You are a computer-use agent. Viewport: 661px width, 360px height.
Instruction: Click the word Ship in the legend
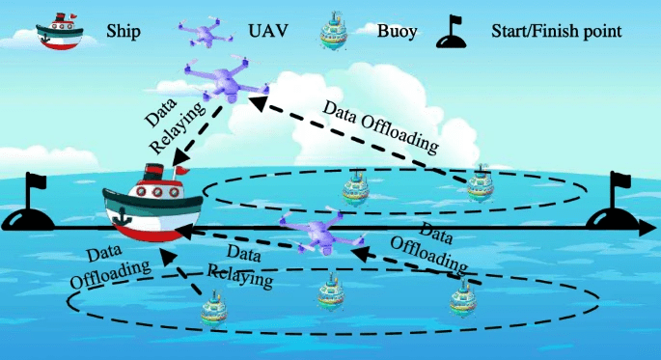124,32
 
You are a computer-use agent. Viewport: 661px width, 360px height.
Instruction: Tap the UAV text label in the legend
268,31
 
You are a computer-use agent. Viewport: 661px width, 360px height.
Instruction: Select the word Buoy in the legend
398,32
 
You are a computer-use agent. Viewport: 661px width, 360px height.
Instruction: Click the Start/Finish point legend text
557,32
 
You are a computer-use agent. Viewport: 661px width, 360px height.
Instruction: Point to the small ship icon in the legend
60,31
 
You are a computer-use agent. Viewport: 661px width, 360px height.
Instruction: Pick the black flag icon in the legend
451,31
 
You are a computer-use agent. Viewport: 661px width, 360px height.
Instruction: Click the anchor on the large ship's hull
124,215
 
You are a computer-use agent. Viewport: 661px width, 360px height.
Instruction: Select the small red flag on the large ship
182,170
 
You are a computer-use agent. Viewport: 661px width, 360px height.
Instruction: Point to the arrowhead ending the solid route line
647,228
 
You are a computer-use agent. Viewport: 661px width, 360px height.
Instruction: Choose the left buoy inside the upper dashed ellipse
355,188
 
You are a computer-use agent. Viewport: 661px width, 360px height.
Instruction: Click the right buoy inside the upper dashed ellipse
481,183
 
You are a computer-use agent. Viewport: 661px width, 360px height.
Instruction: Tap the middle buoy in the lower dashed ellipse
330,291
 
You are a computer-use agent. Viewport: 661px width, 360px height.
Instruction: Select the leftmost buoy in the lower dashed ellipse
213,310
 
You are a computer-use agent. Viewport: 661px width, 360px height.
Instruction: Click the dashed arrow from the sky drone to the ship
197,134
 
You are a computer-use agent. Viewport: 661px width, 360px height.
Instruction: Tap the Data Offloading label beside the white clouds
380,126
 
